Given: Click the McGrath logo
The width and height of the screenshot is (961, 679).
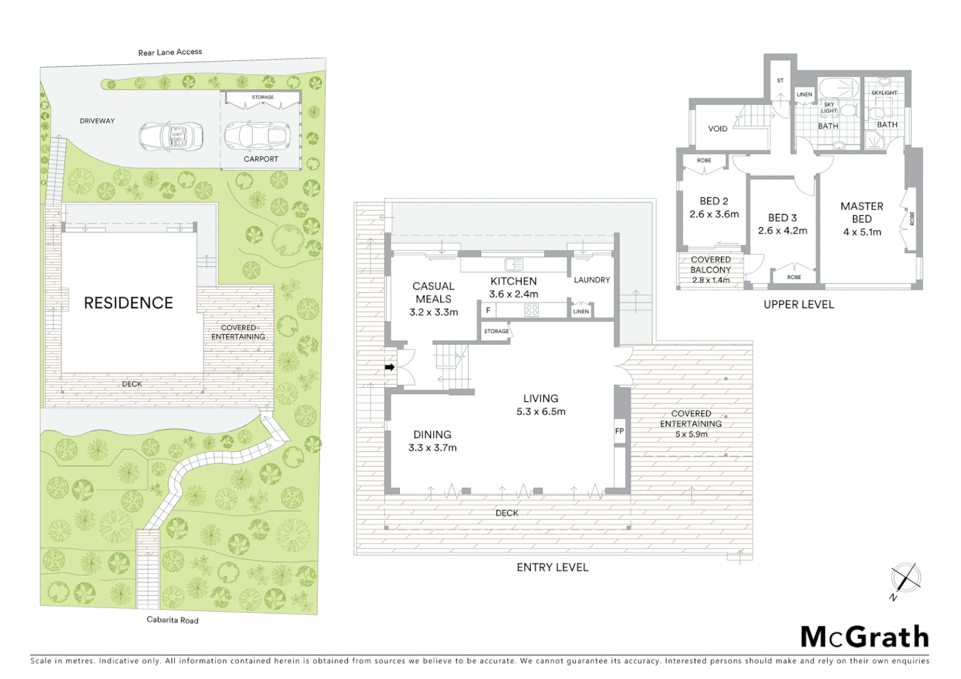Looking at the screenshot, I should [x=865, y=637].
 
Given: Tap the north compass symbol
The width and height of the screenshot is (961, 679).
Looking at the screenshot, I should [x=905, y=578].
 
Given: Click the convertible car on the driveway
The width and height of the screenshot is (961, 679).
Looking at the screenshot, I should [x=171, y=136].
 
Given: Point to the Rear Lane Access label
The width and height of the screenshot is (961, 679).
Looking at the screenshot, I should [x=170, y=52].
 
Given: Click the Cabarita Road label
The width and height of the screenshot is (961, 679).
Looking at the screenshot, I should [x=172, y=620].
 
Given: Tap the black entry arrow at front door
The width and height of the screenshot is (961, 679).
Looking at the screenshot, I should [x=389, y=367].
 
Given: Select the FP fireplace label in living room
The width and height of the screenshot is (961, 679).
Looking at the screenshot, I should [x=619, y=431].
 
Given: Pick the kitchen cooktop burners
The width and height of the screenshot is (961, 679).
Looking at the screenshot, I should [x=531, y=310].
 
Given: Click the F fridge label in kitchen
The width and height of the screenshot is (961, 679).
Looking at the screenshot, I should [x=488, y=311].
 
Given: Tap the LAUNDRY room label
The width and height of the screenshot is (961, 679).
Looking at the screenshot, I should [x=591, y=280].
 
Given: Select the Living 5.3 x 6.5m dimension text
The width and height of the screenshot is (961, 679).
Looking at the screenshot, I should [x=540, y=412].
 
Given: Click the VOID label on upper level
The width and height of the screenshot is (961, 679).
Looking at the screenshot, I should [x=718, y=129].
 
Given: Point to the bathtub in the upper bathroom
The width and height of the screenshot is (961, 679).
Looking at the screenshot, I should [x=839, y=88].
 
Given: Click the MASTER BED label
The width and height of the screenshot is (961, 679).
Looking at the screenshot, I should [x=862, y=213].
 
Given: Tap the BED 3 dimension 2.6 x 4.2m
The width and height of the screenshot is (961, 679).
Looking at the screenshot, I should [x=782, y=231].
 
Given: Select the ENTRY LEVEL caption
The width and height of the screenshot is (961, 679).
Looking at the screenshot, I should [x=552, y=567].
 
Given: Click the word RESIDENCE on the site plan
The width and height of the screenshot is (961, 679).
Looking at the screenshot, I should [x=128, y=303].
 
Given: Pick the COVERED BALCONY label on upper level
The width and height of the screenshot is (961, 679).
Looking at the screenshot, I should [x=711, y=265].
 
